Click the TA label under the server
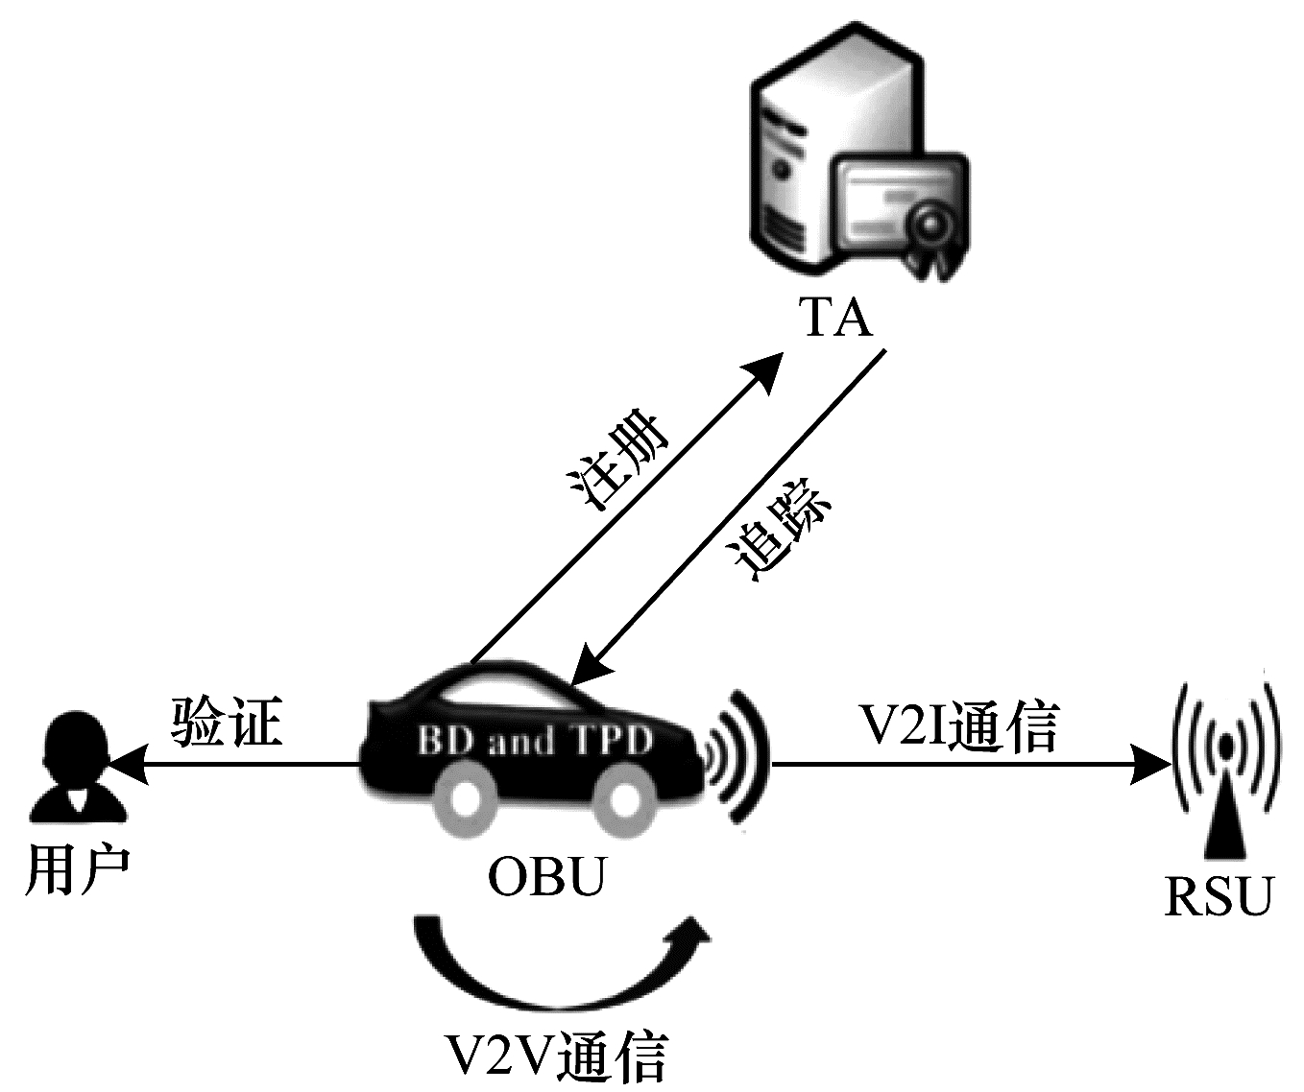(836, 318)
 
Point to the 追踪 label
(780, 539)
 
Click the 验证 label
(228, 721)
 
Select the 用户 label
(76, 870)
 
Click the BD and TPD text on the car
(535, 741)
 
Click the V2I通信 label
(959, 726)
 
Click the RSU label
(1218, 896)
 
